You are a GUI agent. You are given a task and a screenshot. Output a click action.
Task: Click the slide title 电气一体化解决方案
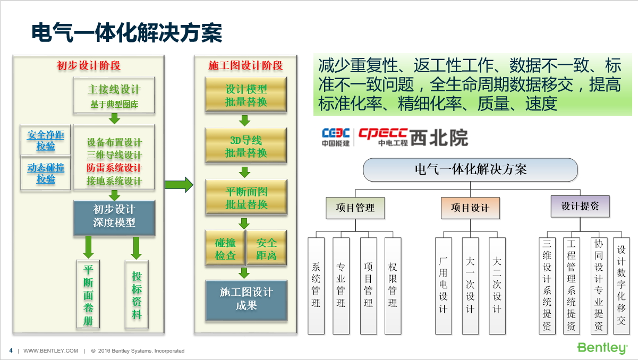pos(127,33)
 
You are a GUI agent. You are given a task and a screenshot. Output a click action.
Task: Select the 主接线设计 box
pos(114,96)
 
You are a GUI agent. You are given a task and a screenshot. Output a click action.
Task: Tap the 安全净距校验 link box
pos(46,140)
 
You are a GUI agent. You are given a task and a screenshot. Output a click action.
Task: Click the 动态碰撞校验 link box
pos(46,173)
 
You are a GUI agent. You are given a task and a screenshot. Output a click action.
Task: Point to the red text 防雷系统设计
pos(114,168)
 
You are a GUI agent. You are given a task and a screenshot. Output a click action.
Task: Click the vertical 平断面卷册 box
pos(88,295)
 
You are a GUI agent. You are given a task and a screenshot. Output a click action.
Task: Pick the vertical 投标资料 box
pos(137,295)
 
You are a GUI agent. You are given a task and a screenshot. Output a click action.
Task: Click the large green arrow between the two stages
pos(179,185)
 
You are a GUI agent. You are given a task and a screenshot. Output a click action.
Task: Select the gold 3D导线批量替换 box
pos(246,145)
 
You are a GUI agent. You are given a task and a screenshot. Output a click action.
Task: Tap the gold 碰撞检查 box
pos(225,248)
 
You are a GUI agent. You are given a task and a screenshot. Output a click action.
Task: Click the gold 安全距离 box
pos(267,248)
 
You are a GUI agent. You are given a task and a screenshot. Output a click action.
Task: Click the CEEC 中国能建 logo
pos(336,137)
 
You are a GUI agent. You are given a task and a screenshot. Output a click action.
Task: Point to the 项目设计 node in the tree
pos(470,208)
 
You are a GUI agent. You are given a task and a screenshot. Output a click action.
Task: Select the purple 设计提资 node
pos(580,207)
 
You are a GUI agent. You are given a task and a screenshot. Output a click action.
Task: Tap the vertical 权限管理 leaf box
pos(393,286)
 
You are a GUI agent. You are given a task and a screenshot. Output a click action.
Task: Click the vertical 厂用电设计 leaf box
pos(444,286)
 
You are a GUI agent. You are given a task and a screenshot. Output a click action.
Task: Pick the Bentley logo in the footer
pos(602,348)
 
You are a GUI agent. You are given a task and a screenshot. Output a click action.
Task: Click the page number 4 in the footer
pos(11,350)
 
